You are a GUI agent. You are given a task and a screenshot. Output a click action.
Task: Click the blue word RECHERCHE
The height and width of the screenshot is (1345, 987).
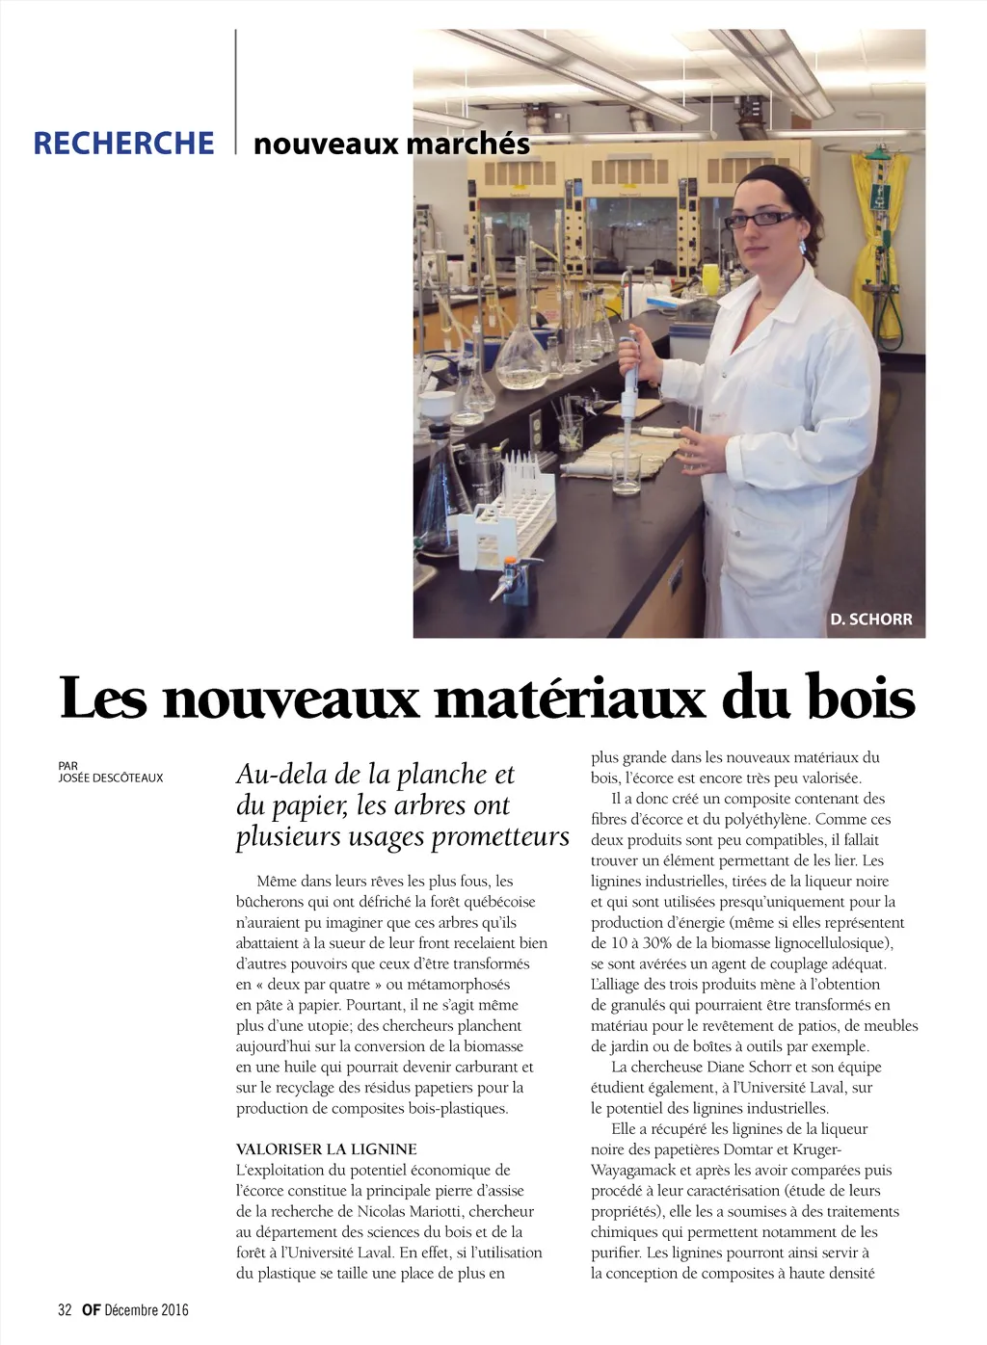pyautogui.click(x=123, y=143)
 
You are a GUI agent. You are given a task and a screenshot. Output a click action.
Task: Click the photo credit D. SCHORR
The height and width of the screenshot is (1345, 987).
pyautogui.click(x=870, y=620)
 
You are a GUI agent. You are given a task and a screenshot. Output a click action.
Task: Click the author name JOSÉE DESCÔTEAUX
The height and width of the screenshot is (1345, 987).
pyautogui.click(x=111, y=778)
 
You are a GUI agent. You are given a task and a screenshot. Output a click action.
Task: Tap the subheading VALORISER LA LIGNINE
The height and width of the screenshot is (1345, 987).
pyautogui.click(x=327, y=1149)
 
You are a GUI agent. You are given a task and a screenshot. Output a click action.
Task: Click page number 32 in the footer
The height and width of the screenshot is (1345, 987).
pyautogui.click(x=66, y=1309)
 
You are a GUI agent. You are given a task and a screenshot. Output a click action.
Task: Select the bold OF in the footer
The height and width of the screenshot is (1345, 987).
pyautogui.click(x=91, y=1309)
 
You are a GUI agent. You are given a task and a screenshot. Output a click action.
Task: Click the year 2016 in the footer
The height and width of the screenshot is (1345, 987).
pyautogui.click(x=174, y=1309)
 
